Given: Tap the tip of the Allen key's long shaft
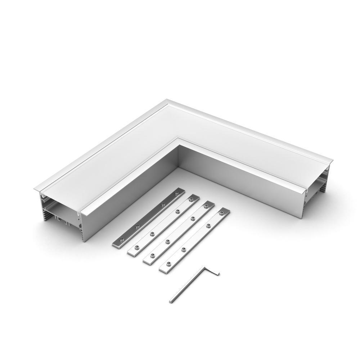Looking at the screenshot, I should tap(171, 301).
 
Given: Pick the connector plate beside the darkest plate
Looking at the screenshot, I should tap(164, 225).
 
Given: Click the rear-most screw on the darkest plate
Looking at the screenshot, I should tap(176, 193).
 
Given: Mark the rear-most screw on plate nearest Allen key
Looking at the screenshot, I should tap(222, 212).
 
